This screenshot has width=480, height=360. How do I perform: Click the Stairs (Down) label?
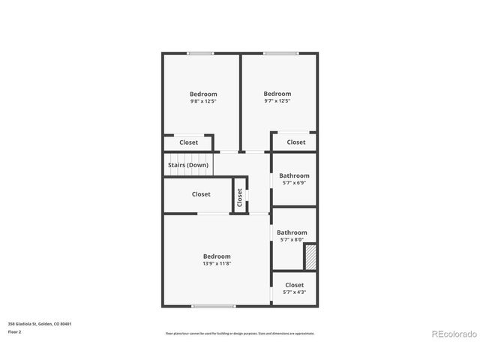click(x=187, y=164)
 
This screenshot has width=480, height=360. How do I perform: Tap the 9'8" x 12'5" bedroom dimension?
click(x=202, y=101)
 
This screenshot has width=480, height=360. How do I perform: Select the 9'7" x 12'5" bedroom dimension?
click(x=277, y=101)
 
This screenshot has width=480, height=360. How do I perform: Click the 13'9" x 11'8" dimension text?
click(x=217, y=263)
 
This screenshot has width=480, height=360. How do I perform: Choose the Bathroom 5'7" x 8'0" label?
click(x=292, y=236)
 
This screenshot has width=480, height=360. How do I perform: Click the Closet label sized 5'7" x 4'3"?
click(x=294, y=289)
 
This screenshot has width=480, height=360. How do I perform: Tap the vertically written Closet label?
click(x=240, y=196)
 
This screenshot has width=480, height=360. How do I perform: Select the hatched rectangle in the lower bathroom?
click(x=310, y=256)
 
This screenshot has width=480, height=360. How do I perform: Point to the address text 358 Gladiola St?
click(x=40, y=324)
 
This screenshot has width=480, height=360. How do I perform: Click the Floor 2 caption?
click(x=15, y=331)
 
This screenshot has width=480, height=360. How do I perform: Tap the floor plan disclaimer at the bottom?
click(x=240, y=334)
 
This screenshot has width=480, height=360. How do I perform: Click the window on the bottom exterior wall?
click(x=214, y=306)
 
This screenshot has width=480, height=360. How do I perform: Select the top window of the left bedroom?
click(x=199, y=53)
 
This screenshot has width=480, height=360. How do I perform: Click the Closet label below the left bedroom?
click(x=189, y=142)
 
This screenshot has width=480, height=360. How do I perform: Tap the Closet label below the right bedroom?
click(x=296, y=142)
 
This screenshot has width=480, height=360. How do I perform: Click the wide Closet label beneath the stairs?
click(x=201, y=194)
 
